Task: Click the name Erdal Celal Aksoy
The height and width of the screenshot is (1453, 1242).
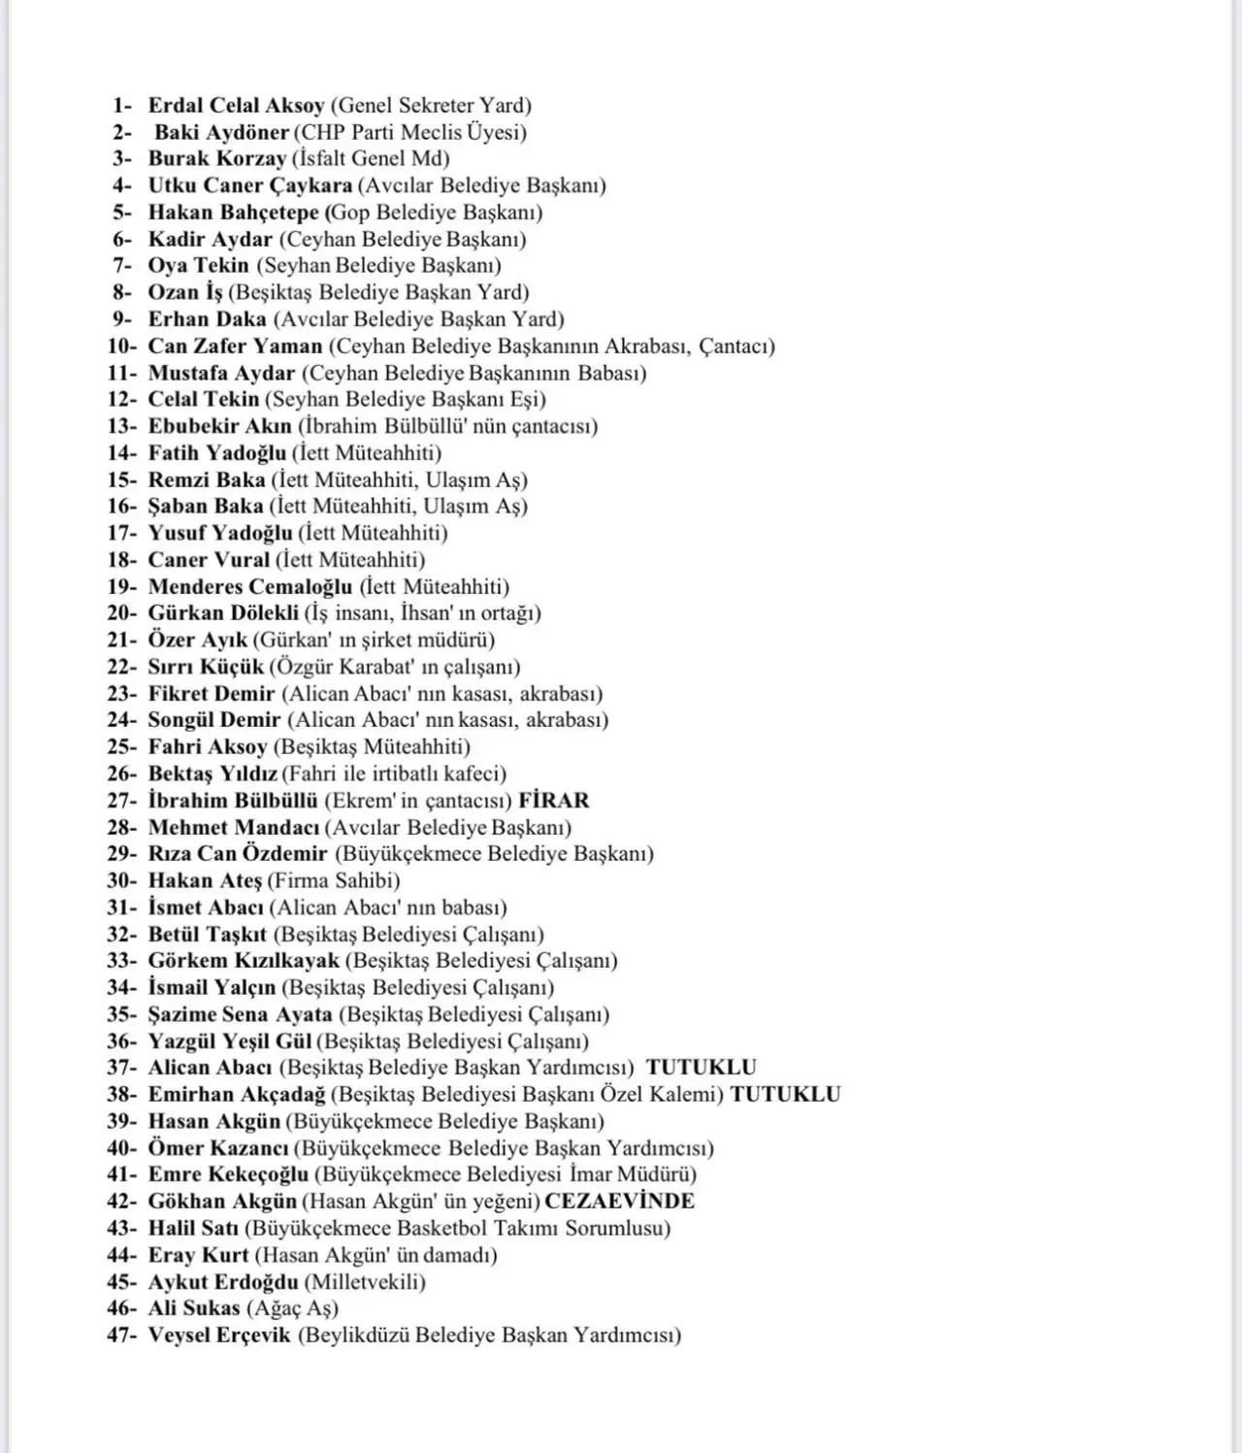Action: (x=236, y=106)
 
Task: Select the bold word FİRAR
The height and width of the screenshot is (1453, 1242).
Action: (x=554, y=801)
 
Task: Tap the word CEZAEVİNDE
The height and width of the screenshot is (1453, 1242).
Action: (x=619, y=1201)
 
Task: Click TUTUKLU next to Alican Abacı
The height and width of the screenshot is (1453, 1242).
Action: (x=701, y=1068)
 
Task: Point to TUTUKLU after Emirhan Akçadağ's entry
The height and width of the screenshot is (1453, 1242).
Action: (x=785, y=1094)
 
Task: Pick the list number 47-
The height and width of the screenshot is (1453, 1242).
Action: (x=122, y=1336)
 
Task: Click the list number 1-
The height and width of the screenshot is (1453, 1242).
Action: (x=123, y=106)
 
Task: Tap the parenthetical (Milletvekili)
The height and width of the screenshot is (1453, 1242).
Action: (x=365, y=1282)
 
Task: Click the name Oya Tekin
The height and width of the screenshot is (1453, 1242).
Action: (x=198, y=266)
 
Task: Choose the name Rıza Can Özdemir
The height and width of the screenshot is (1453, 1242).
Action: (x=238, y=854)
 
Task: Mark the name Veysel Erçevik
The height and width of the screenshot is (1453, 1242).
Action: (x=219, y=1336)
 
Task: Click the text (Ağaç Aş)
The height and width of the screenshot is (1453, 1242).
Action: (x=292, y=1308)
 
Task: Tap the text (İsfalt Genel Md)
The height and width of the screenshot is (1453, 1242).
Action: (x=371, y=159)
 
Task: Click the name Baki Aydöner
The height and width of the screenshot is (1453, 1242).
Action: (x=222, y=133)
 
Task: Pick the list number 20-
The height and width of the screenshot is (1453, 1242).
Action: (x=122, y=613)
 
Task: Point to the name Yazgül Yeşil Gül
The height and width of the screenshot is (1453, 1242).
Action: (x=230, y=1041)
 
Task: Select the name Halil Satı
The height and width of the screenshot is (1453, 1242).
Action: (x=193, y=1229)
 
